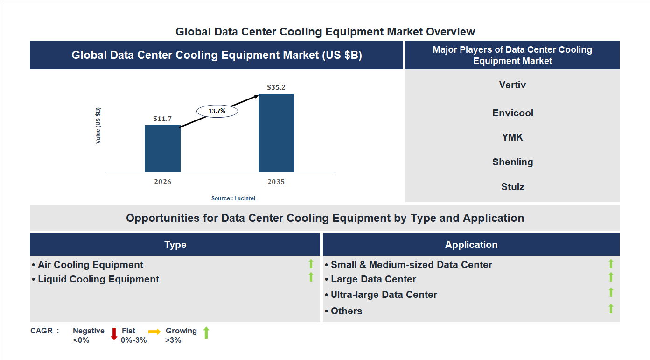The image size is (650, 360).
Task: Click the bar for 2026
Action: tap(162, 148)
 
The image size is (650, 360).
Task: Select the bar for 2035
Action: tap(276, 133)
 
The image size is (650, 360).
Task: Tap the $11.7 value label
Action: tap(162, 119)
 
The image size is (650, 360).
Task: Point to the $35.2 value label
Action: tap(276, 87)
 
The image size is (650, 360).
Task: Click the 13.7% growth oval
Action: tap(217, 111)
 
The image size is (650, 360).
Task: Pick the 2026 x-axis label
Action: tap(162, 182)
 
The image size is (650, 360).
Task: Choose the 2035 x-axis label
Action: tap(276, 182)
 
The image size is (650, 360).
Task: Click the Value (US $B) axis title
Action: tap(98, 126)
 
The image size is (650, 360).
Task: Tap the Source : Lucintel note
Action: tap(233, 198)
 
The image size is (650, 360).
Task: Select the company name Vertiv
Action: tap(512, 85)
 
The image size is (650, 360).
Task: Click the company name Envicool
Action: tap(512, 113)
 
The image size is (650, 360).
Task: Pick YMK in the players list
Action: tap(512, 137)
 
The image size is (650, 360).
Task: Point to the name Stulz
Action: tap(512, 187)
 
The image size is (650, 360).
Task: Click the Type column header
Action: tap(175, 245)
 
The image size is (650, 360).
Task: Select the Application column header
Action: tap(471, 245)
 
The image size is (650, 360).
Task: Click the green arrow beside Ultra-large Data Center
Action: tap(611, 293)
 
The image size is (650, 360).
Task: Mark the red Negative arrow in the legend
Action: tap(114, 334)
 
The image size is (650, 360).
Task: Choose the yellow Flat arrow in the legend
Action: tap(154, 332)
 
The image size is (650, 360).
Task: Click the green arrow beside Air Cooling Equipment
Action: tap(311, 264)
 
